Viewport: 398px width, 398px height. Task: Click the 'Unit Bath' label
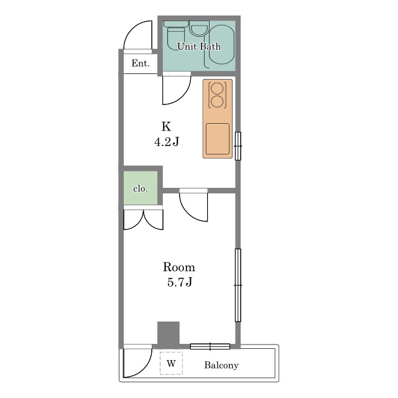coord(199,46)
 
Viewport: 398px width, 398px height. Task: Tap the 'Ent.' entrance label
coord(141,63)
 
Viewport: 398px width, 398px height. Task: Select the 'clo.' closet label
coord(140,188)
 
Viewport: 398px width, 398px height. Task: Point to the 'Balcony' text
coord(221,365)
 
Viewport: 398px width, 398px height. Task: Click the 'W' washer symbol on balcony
coord(171,363)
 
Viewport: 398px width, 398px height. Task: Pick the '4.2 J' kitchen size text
coord(167,142)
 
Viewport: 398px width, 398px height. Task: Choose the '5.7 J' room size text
coord(180,282)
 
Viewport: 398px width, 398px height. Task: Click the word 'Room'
coord(179,267)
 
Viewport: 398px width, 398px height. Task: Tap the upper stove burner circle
coord(217,88)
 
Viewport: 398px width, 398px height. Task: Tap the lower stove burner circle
coord(217,101)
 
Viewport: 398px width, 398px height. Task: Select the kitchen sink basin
coord(218,139)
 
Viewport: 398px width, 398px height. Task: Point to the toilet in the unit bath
coord(176,35)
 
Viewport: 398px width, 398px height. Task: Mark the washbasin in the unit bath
coord(199,29)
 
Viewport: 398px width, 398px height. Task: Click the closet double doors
coord(143,220)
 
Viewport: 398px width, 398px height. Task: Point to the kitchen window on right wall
coord(238,146)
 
